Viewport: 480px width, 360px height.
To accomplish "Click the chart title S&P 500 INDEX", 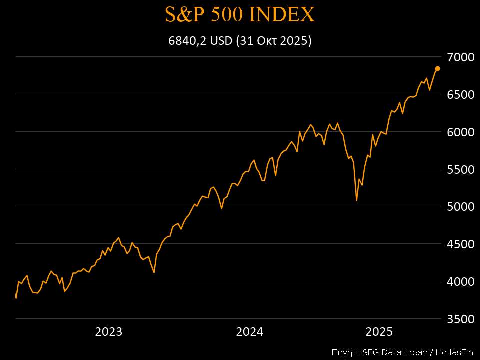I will (240, 15).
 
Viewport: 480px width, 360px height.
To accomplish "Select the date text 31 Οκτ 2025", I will (274, 41).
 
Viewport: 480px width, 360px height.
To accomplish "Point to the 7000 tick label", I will (460, 57).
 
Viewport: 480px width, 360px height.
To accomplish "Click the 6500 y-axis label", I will (460, 94).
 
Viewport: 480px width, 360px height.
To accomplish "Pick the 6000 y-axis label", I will (460, 132).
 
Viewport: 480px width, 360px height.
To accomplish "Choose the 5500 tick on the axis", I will (460, 169).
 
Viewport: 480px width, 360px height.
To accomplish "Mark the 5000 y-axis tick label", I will (460, 206).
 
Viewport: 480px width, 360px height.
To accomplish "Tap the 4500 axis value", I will (460, 244).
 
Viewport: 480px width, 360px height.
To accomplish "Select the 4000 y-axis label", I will (460, 281).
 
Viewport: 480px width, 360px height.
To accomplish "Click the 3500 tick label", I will (460, 319).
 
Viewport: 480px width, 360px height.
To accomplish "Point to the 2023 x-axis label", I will (109, 332).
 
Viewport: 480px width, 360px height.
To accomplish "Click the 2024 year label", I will (250, 332).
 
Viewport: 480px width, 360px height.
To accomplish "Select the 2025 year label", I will (379, 332).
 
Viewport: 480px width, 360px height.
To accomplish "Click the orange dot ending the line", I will (437, 68).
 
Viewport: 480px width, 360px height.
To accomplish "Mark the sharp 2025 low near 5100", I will (356, 200).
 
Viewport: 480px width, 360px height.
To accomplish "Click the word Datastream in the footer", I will (401, 351).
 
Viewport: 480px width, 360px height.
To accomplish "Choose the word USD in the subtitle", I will (221, 41).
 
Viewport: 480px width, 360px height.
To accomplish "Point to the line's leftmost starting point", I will (16, 298).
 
